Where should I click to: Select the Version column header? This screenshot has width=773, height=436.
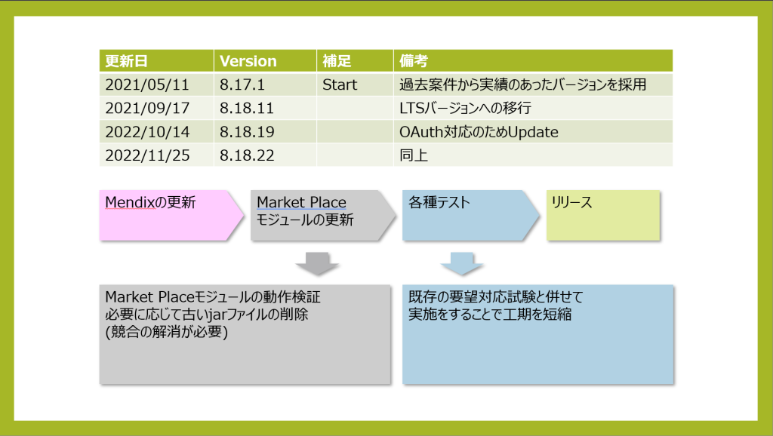click(248, 61)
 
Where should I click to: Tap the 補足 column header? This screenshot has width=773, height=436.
click(337, 61)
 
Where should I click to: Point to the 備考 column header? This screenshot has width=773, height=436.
click(414, 61)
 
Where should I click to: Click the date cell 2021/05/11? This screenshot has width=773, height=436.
click(147, 84)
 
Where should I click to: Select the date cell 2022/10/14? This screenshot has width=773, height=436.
click(147, 132)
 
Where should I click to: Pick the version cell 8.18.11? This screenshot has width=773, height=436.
click(247, 109)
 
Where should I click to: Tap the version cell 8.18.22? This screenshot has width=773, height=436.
click(247, 155)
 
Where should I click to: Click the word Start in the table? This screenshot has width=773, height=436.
click(340, 84)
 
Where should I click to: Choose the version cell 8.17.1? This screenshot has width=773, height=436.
click(242, 84)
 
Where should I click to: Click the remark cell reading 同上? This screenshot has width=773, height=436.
click(414, 155)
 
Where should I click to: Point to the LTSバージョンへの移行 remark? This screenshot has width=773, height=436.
click(465, 109)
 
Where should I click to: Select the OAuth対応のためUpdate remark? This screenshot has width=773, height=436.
click(479, 132)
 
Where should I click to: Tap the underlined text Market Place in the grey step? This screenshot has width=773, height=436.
click(301, 202)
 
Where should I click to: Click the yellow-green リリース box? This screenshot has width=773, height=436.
click(603, 215)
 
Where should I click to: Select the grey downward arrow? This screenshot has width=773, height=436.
click(317, 263)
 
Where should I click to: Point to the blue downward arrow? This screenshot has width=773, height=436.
click(462, 263)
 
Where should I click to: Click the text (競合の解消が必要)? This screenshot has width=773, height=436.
click(167, 332)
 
